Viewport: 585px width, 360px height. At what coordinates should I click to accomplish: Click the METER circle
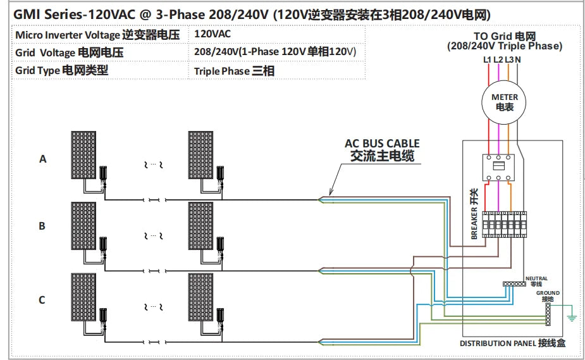505,102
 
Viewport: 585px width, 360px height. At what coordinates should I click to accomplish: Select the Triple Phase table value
234,71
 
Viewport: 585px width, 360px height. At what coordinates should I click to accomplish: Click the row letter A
43,159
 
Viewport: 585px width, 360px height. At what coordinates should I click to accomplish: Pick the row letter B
42,226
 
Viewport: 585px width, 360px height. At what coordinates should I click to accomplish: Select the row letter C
42,299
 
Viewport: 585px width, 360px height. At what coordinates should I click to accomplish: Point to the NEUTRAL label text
536,278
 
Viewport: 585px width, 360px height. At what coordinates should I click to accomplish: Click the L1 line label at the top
487,60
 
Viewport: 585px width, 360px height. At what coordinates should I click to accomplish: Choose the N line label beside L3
519,60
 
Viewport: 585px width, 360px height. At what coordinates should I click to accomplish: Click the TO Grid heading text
504,37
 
